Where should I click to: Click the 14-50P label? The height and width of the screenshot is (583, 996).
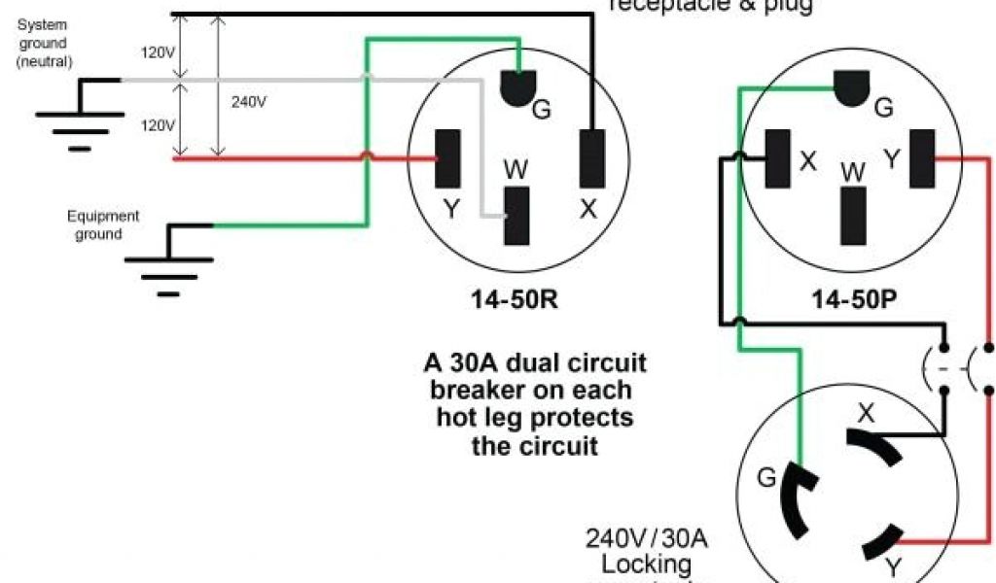pyautogui.click(x=853, y=301)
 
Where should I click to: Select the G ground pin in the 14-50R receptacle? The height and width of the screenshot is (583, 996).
pyautogui.click(x=518, y=89)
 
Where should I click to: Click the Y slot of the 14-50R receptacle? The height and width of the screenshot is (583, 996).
pyautogui.click(x=447, y=158)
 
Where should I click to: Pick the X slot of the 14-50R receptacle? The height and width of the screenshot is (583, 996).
pyautogui.click(x=590, y=157)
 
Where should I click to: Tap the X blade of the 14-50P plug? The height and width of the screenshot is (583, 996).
pyautogui.click(x=778, y=158)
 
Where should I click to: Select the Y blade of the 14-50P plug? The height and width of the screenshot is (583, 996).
pyautogui.click(x=920, y=158)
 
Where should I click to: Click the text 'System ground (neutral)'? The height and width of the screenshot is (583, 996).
pyautogui.click(x=42, y=44)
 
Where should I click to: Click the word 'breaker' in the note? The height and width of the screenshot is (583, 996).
pyautogui.click(x=477, y=391)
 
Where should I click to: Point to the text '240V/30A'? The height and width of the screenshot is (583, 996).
pyautogui.click(x=631, y=538)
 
